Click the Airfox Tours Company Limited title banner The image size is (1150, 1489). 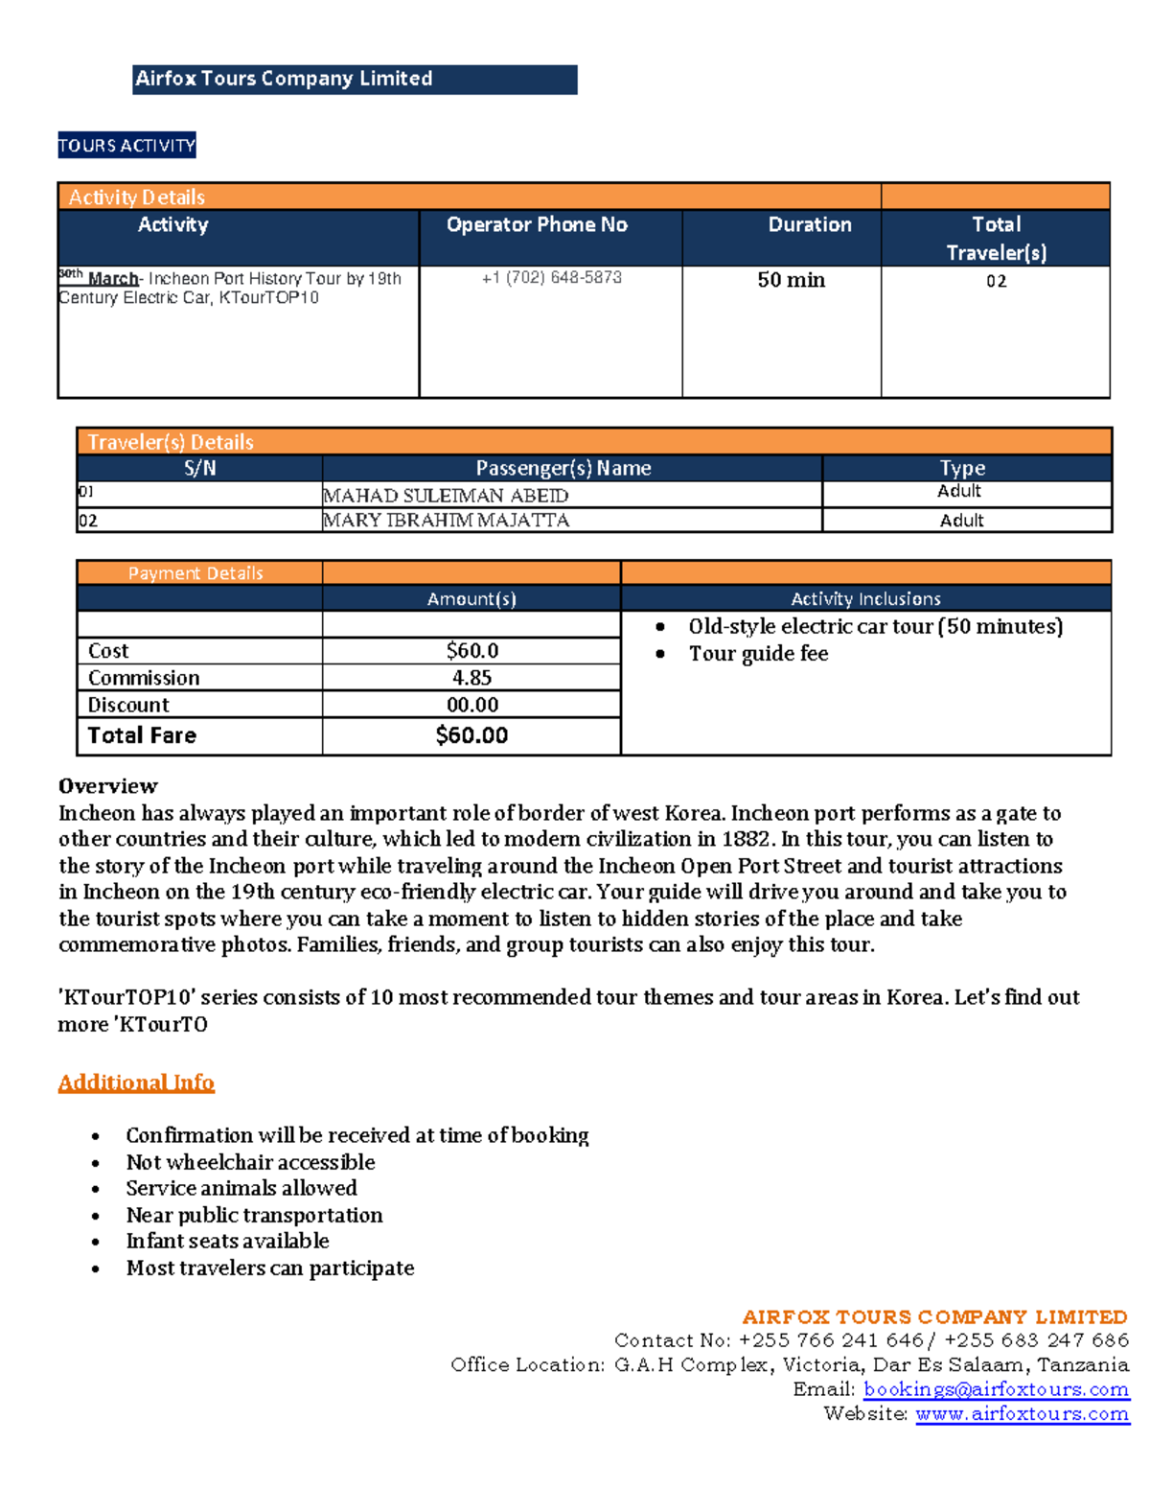[x=354, y=80]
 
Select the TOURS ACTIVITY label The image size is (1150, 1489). [x=126, y=146]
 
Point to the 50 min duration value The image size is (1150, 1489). [x=791, y=280]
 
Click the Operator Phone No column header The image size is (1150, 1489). [x=537, y=225]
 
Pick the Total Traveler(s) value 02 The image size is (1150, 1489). [x=996, y=282]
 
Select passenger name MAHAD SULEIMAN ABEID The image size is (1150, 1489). [x=446, y=496]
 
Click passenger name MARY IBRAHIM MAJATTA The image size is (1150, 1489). [x=447, y=521]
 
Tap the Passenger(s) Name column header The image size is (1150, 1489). [x=563, y=468]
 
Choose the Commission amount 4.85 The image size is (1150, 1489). [x=471, y=678]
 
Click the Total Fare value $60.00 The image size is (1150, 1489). [x=471, y=735]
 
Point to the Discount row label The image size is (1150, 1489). [x=128, y=705]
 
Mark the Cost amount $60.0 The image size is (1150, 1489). [x=471, y=651]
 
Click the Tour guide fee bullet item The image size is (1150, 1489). [x=758, y=654]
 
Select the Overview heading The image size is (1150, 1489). [x=107, y=786]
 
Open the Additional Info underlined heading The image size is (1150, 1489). [x=136, y=1082]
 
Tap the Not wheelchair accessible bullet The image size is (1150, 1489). [x=250, y=1162]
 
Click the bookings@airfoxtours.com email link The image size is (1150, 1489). [x=996, y=1389]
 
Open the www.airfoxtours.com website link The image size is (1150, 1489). [x=1022, y=1413]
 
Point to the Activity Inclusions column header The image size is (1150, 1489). [x=865, y=599]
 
